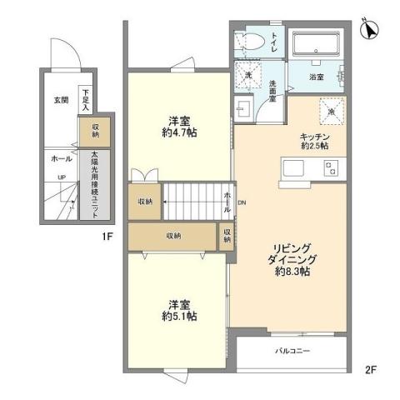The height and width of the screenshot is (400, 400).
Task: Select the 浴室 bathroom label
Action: point(317,78)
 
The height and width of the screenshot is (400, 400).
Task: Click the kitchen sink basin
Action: point(296,169)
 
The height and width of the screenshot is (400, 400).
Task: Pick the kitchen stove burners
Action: point(331,170)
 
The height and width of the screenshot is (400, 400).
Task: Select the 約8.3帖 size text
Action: point(293,272)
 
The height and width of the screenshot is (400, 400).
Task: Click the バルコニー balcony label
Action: point(292,351)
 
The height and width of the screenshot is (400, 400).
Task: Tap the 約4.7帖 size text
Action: point(179,132)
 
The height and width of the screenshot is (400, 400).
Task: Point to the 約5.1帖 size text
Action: point(179,317)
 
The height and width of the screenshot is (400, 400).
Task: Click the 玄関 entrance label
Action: point(61,101)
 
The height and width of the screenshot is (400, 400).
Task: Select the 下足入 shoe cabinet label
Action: point(85,99)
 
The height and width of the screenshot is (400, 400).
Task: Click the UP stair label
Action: point(62,177)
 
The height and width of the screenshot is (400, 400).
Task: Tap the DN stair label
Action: point(242,202)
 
